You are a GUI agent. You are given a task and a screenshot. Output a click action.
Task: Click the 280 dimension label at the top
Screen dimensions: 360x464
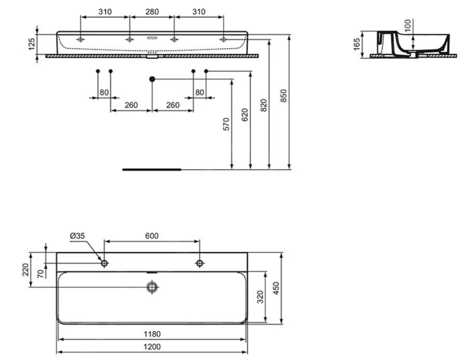(x=152, y=11)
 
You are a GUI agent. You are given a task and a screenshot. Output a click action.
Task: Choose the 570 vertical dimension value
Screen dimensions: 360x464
(x=226, y=124)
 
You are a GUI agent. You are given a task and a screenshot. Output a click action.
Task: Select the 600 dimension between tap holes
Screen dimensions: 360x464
(x=151, y=236)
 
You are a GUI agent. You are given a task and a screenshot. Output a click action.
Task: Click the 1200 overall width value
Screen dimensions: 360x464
(x=151, y=347)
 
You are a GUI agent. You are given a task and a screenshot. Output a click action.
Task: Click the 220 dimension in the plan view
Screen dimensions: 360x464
(x=26, y=270)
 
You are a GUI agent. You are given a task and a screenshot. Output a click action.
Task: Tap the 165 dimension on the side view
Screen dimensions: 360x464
(x=357, y=44)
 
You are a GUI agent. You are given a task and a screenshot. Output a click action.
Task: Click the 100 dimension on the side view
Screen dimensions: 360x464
(x=408, y=26)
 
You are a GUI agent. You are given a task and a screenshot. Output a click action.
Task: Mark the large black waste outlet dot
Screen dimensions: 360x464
(x=152, y=79)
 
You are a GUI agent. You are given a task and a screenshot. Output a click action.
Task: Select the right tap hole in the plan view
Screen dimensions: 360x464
(x=199, y=264)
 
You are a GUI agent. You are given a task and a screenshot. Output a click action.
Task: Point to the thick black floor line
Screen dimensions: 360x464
(x=152, y=169)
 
